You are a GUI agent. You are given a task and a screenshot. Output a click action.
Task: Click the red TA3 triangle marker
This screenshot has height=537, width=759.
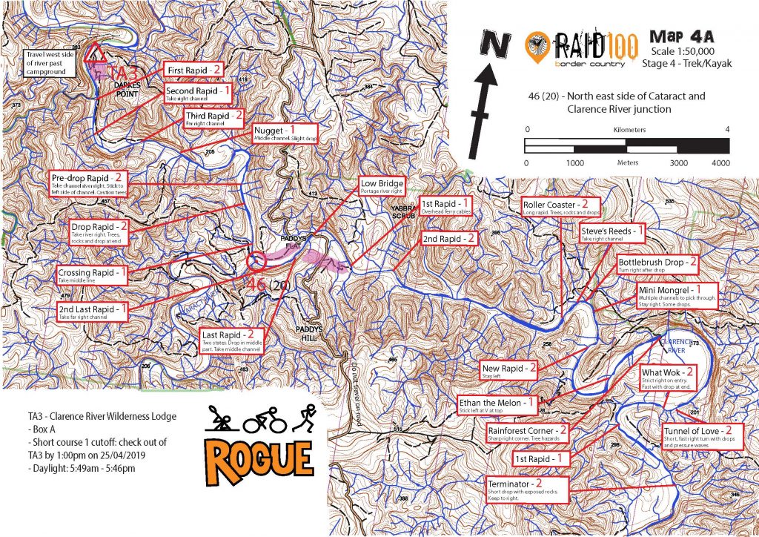(x=94, y=53)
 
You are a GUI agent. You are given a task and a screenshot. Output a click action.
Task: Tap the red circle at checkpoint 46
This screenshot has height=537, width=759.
(x=256, y=261)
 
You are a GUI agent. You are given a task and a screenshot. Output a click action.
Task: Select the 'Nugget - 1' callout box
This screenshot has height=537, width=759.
(x=282, y=133)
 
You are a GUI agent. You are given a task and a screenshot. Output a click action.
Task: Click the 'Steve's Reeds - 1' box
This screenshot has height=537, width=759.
(x=614, y=235)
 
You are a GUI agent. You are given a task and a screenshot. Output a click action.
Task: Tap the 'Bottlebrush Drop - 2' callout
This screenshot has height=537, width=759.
(x=658, y=265)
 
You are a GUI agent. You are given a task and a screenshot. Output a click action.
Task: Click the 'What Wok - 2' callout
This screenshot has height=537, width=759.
(x=668, y=376)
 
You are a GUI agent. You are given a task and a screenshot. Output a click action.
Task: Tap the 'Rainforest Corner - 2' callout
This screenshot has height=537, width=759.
(x=527, y=433)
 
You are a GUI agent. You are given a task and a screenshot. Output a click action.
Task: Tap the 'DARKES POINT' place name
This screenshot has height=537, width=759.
(x=127, y=91)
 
